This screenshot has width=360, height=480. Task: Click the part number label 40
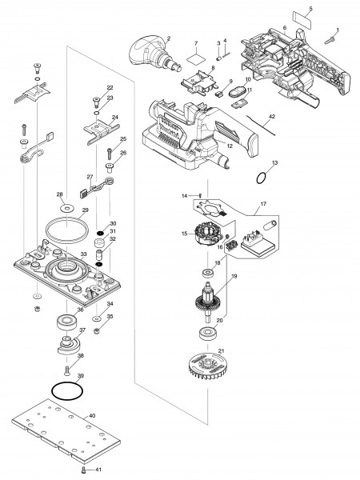(92, 416)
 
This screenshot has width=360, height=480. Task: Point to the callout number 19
(234, 278)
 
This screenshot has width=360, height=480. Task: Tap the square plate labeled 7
(194, 57)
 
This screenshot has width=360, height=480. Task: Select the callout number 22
(110, 86)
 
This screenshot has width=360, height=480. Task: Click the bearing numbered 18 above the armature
(207, 274)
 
